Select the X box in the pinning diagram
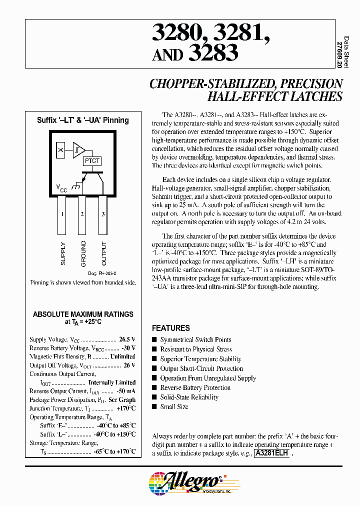click(60, 149)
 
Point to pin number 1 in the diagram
click(61, 214)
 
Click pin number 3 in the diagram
click(102, 214)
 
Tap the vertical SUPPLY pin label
click(63, 253)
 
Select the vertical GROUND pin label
click(83, 253)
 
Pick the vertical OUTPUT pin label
click(104, 253)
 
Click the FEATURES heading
click(171, 328)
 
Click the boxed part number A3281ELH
click(271, 453)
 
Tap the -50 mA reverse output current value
click(125, 391)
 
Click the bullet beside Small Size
click(154, 407)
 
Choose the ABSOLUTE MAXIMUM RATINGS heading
click(83, 314)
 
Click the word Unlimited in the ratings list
click(122, 356)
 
